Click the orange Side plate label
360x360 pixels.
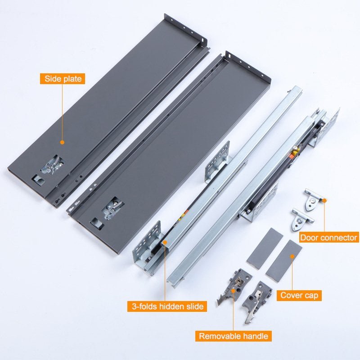click(63, 79)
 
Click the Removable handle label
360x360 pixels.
click(234, 336)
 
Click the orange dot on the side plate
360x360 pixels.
click(62, 142)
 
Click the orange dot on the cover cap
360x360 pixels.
click(292, 256)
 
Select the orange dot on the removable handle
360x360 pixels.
click(233, 291)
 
